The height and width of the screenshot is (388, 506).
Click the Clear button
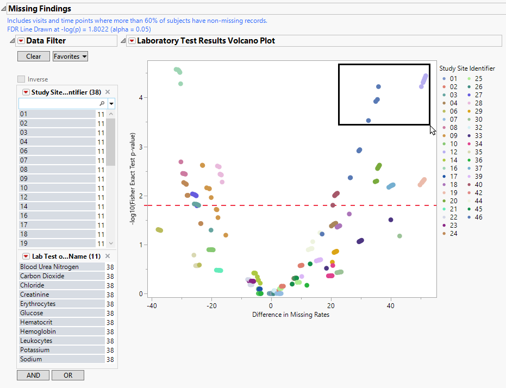[33, 57]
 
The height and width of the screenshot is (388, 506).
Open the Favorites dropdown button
[70, 57]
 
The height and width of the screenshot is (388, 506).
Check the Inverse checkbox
[21, 79]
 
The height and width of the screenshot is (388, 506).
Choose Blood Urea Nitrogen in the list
[49, 267]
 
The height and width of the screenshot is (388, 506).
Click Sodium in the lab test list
[31, 359]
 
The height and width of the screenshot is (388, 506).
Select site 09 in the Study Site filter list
[24, 179]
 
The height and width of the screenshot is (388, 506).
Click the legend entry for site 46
[476, 217]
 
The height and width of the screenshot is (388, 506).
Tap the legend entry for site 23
[451, 226]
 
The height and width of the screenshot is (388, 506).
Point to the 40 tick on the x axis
[390, 306]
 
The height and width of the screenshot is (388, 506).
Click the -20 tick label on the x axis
[211, 306]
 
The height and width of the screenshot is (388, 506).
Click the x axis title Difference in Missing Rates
[290, 315]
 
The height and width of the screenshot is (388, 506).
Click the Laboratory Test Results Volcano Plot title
[206, 41]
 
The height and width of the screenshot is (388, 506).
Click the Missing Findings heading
[40, 9]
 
